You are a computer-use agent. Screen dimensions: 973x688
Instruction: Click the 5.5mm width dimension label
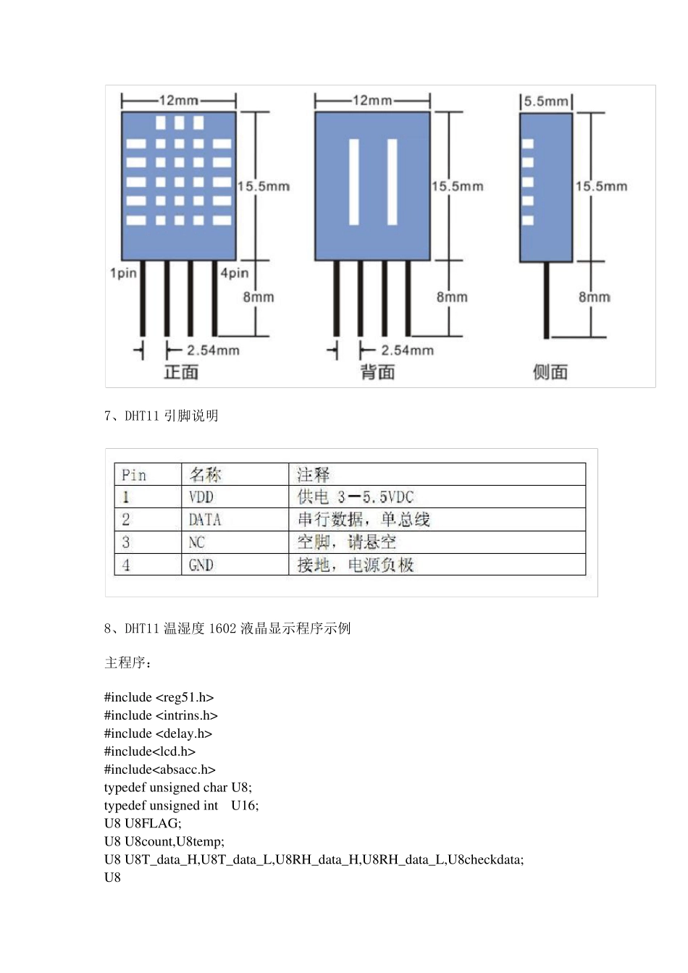coord(546,101)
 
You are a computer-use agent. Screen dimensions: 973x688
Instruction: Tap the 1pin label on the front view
coord(123,273)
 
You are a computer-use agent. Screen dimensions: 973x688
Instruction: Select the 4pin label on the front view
coord(235,273)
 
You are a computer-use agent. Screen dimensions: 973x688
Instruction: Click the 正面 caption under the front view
coord(181,372)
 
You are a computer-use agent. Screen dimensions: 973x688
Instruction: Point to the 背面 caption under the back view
coord(377,372)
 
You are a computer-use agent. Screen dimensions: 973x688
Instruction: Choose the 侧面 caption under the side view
coord(550,372)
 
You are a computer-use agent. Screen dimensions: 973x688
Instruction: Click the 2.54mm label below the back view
coord(407,350)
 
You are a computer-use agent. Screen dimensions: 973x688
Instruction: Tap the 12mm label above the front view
coord(178,101)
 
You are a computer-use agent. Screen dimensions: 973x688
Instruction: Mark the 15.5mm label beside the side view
coord(601,187)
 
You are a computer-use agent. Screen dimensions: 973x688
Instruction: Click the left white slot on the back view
coord(354,181)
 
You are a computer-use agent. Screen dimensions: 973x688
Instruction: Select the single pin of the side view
coord(547,300)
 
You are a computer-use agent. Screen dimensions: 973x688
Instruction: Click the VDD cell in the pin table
coord(201,497)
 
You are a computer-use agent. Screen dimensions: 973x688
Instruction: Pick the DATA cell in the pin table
coord(205,520)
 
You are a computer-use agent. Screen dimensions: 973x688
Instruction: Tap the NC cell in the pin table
coord(197,543)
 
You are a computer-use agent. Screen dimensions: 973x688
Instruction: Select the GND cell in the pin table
coord(201,565)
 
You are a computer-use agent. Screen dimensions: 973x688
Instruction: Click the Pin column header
coord(134,475)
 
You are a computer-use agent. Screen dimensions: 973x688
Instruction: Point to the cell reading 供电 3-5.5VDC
coord(355,497)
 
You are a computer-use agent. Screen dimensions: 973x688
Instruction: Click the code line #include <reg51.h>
coord(159,698)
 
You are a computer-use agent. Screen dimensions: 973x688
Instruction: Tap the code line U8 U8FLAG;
coord(143,824)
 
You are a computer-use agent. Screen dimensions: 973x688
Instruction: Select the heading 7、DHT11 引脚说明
coord(161,416)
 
